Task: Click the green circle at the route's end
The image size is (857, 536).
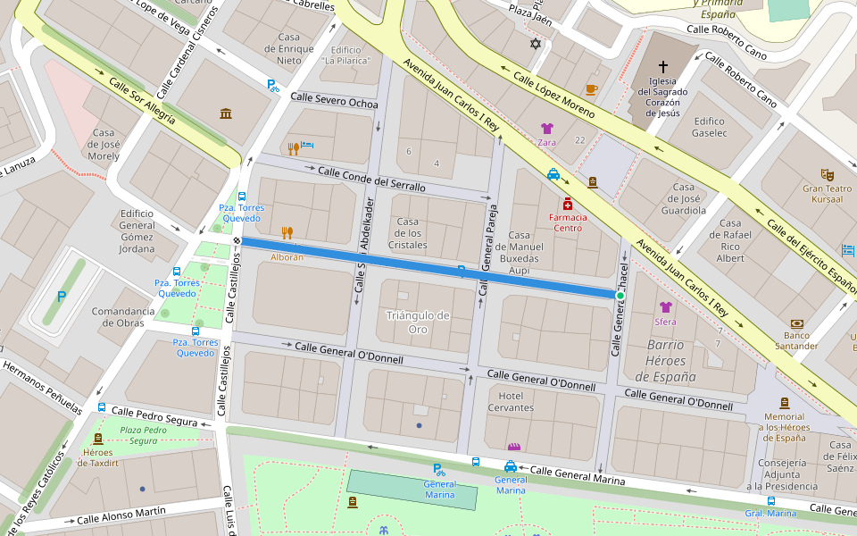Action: [x=620, y=295]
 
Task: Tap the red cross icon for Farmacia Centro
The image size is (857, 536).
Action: [x=567, y=204]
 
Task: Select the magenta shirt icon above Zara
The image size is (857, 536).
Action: [x=546, y=129]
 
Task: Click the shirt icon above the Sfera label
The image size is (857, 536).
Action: [x=665, y=307]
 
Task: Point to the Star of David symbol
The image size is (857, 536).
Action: [x=536, y=44]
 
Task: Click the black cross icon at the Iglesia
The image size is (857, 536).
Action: [x=662, y=67]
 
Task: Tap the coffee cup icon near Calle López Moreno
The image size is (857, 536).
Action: [x=591, y=89]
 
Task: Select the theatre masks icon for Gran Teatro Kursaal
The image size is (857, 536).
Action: [x=827, y=174]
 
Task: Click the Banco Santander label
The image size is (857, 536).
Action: [x=796, y=340]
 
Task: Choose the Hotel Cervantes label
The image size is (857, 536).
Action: [x=511, y=402]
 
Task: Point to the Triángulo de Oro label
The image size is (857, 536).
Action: [x=418, y=322]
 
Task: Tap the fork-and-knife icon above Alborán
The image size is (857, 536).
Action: [x=287, y=233]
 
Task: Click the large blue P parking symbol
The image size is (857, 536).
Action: [x=61, y=297]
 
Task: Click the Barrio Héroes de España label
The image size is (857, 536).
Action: [x=665, y=361]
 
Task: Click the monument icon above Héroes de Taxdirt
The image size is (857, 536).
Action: [x=98, y=439]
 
